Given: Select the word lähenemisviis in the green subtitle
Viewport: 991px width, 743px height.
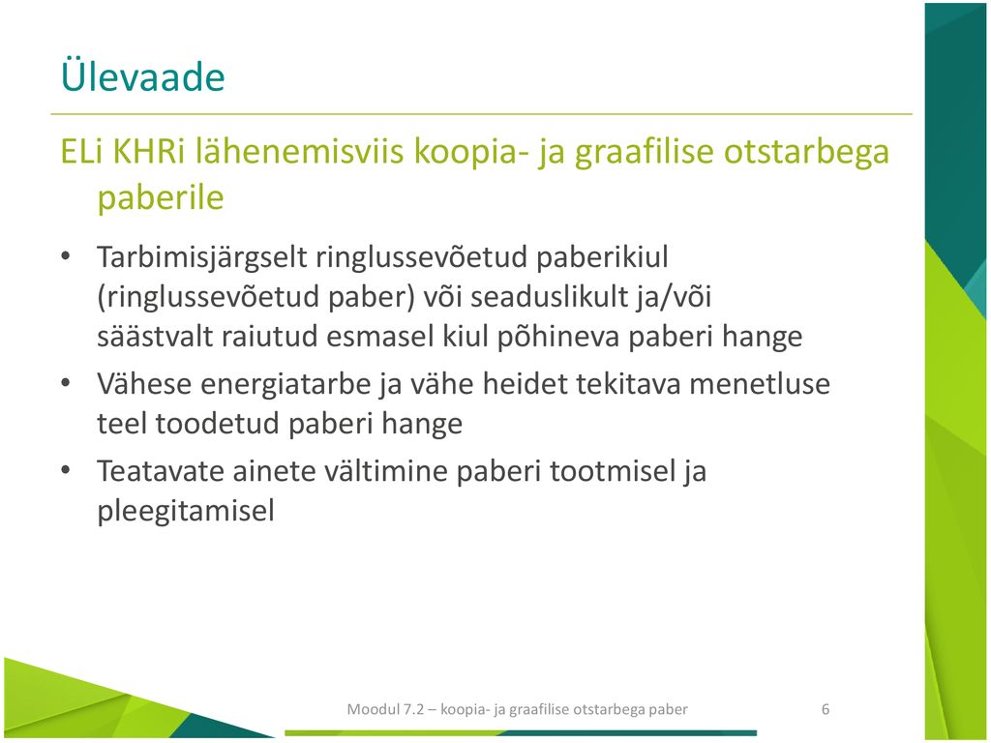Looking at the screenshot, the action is coord(299,151).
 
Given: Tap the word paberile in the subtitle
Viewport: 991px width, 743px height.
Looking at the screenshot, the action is coord(161,198).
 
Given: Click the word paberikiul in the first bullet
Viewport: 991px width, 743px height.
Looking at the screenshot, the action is coord(602,257).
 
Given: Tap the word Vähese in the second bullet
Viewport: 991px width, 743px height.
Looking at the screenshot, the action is coord(143,383).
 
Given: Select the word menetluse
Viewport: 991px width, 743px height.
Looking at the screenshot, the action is coord(760,383).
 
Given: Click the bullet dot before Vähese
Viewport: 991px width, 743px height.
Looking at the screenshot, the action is coord(65,383).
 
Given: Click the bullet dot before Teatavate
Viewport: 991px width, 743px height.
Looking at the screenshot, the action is coord(65,471).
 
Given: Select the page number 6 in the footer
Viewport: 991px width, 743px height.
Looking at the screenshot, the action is coord(826,709).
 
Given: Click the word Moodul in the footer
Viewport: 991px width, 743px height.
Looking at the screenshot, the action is coord(373,709).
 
